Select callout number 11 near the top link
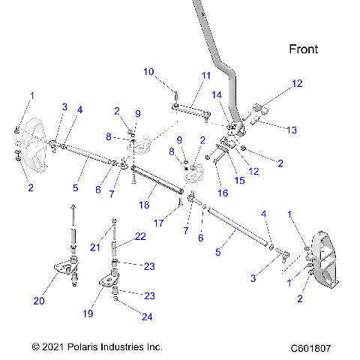pyautogui.click(x=206, y=76)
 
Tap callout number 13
pyautogui.click(x=280, y=130)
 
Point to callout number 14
pyautogui.click(x=217, y=95)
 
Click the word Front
pyautogui.click(x=304, y=49)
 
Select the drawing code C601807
pyautogui.click(x=310, y=348)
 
